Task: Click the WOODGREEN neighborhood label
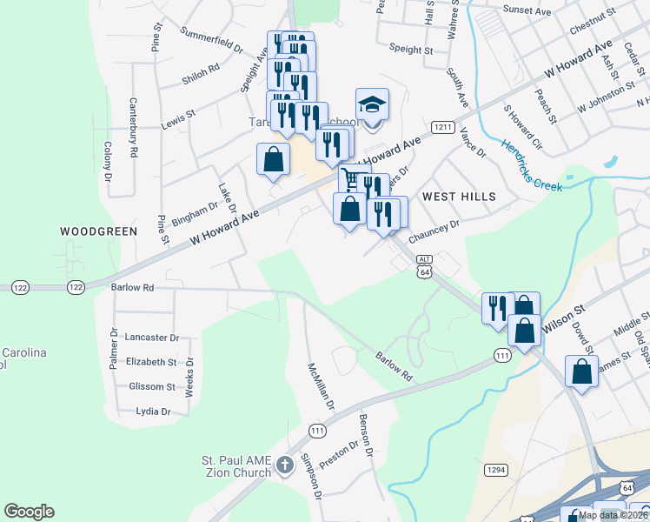pyautogui.click(x=98, y=231)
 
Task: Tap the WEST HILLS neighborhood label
pyautogui.click(x=459, y=197)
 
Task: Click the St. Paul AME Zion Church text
pyautogui.click(x=236, y=466)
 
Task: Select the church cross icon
pyautogui.click(x=284, y=467)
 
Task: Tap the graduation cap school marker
pyautogui.click(x=372, y=106)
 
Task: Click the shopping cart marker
pyautogui.click(x=352, y=179)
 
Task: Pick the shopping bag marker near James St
pyautogui.click(x=581, y=371)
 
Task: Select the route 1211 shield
pyautogui.click(x=443, y=127)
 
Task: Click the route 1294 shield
pyautogui.click(x=496, y=470)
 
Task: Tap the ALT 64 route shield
pyautogui.click(x=424, y=266)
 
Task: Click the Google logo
pyautogui.click(x=29, y=512)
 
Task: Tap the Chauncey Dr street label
pyautogui.click(x=433, y=230)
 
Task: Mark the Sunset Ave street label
pyautogui.click(x=528, y=12)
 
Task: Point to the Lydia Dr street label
pyautogui.click(x=152, y=411)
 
